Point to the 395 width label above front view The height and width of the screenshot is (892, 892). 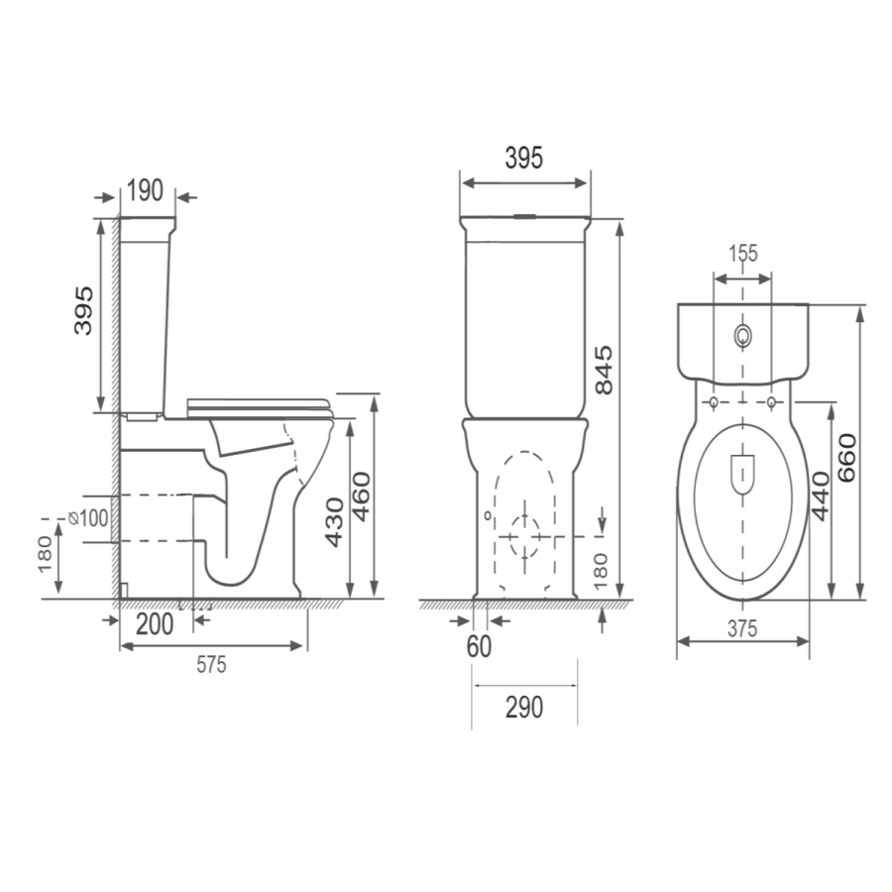point(523,158)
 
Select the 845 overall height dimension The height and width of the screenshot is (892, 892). point(606,369)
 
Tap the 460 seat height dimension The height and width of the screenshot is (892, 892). point(362,495)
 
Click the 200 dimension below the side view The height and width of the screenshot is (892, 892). point(154,624)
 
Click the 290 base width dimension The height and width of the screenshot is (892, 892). point(524,708)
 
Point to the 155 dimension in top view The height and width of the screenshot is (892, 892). point(742,254)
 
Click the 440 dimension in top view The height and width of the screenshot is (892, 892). point(820,496)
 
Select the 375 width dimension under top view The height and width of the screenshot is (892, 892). point(742,627)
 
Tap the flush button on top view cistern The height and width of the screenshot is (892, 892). point(742,336)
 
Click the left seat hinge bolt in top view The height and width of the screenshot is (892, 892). point(714,401)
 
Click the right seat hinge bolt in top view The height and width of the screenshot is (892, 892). point(771,401)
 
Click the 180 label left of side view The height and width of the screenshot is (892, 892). point(45,556)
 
